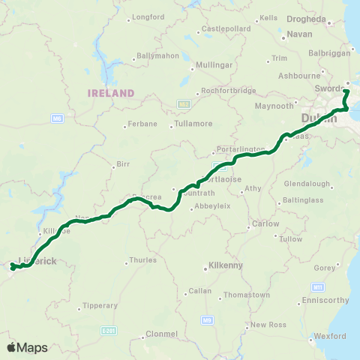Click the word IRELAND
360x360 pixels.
tap(110, 93)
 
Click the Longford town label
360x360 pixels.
tap(148, 17)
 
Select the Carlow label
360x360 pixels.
tap(265, 223)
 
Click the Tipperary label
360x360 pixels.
tap(101, 305)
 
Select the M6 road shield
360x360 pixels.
tap(56, 118)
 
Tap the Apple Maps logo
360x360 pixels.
tap(27, 347)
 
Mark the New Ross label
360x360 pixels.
tap(268, 325)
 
